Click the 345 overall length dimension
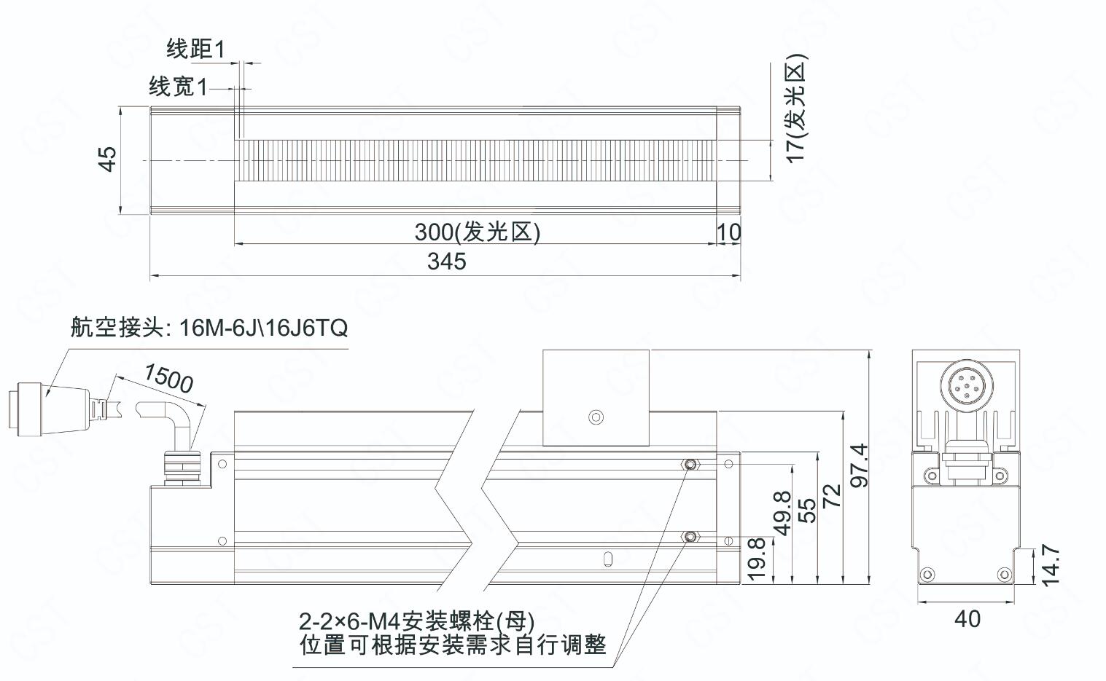point(446,261)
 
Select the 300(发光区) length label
point(478,232)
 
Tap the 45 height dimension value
point(108,159)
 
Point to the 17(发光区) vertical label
point(795,108)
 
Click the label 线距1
point(196,49)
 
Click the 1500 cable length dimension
point(168,378)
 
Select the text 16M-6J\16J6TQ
point(264,328)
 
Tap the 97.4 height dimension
point(859,465)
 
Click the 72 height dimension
point(832,495)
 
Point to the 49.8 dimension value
point(783,513)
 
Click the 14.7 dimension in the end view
point(1050,565)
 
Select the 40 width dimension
point(967,619)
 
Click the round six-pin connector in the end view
point(966,385)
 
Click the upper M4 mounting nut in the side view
point(690,465)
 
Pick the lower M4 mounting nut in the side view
point(690,537)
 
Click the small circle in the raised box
point(596,417)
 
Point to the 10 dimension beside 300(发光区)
point(729,232)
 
